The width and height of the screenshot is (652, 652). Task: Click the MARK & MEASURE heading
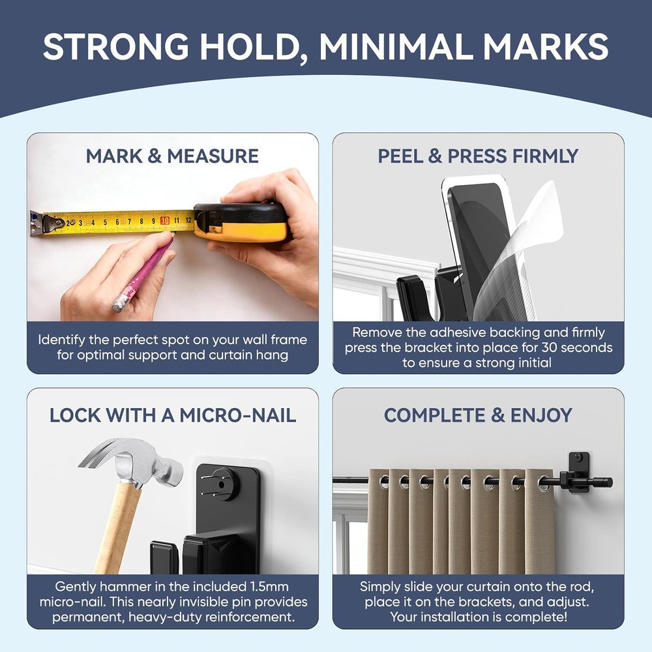coord(172,156)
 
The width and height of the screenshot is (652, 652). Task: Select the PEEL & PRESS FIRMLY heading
coord(478,156)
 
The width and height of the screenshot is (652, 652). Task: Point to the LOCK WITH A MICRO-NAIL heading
coord(173,415)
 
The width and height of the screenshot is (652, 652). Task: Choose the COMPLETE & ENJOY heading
coord(478,415)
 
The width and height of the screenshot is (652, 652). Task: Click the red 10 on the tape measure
coord(165,220)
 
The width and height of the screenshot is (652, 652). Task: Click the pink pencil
coord(143,274)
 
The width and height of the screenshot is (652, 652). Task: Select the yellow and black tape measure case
coord(241,222)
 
